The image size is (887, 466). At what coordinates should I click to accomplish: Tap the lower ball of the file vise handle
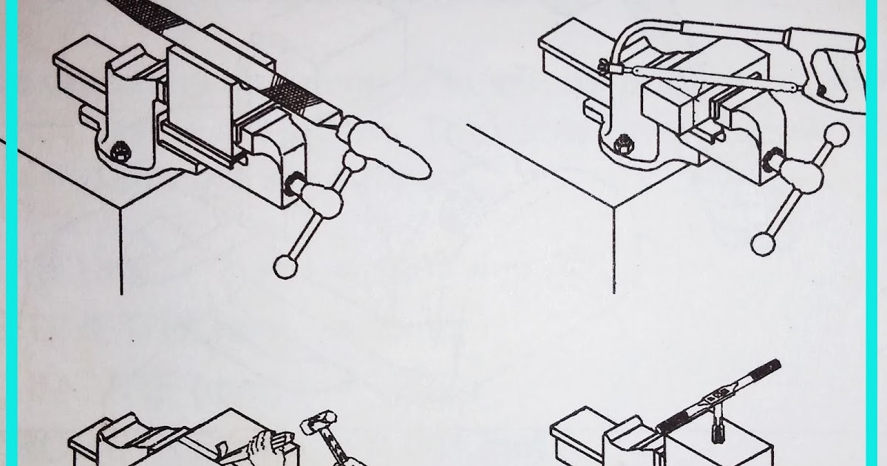coord(284,266)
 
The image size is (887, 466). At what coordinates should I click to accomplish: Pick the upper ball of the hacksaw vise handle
coord(836,135)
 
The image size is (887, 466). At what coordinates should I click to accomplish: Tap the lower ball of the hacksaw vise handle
coord(762,243)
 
